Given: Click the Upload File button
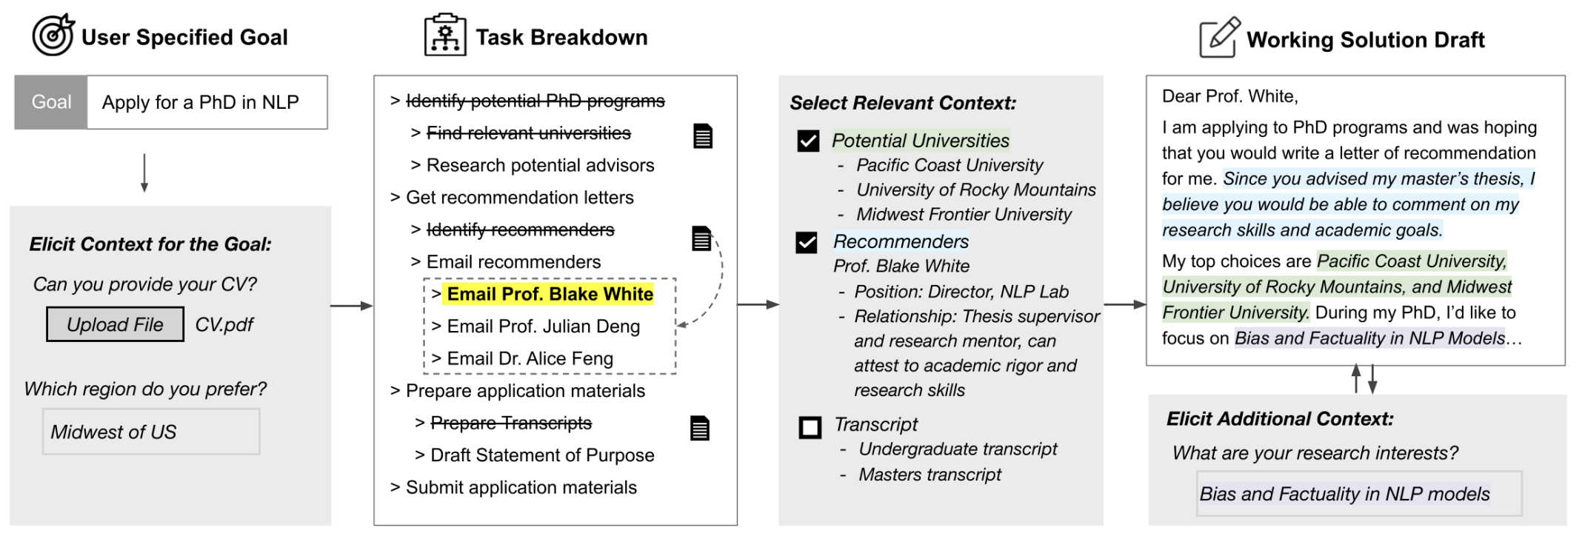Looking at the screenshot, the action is coord(115,324).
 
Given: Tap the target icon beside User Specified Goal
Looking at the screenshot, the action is coord(53,35).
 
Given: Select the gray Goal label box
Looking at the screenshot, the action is coord(51,102).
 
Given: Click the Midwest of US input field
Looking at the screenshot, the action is coord(151,432).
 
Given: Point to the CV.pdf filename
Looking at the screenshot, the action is coord(224,324).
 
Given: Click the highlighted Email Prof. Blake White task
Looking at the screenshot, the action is coord(550,294).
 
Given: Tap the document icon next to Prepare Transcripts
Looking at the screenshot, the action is coord(700,428).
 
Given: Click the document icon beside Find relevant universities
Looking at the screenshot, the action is coord(703,136).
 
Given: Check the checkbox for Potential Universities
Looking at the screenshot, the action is coord(808,141).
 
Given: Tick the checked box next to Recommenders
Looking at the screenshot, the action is coord(807,242).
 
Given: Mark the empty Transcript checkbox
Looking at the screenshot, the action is coord(810,427).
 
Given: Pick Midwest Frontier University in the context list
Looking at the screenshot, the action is coord(964,215).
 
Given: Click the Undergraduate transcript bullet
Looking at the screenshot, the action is coord(958,449).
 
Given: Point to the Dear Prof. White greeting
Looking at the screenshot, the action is coord(1229,96).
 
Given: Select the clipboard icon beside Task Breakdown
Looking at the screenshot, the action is coord(445,35).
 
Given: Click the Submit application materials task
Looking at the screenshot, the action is coord(521,487).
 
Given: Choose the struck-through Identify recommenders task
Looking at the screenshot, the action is coord(520,230).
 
